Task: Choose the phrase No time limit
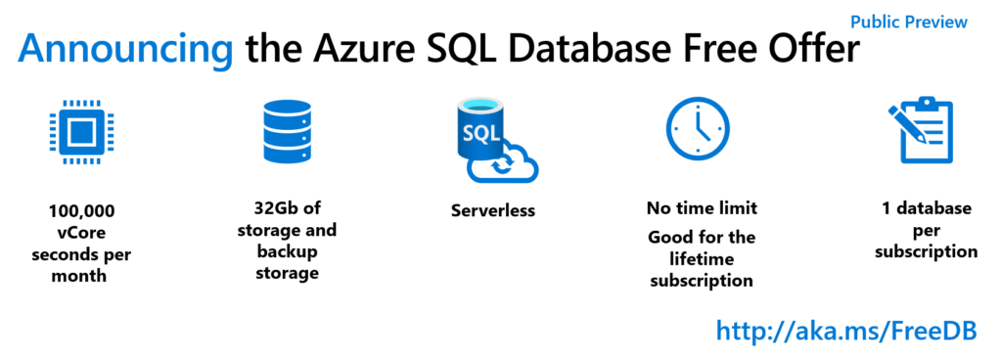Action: (x=702, y=208)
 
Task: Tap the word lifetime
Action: (x=702, y=259)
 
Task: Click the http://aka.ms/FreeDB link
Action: (x=847, y=331)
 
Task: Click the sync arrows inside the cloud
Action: (x=503, y=167)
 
